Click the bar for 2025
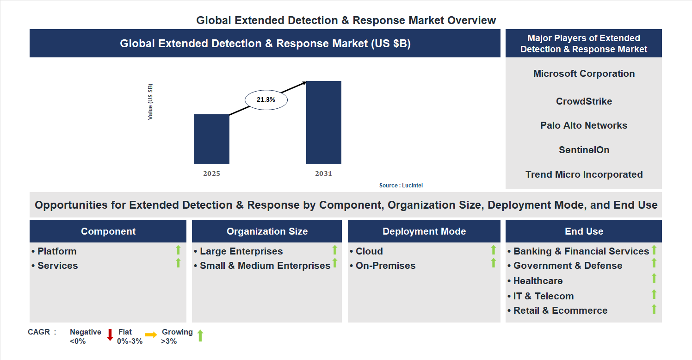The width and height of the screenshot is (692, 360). tap(211, 139)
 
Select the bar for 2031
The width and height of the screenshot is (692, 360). tap(324, 123)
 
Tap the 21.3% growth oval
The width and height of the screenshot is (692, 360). tap(266, 99)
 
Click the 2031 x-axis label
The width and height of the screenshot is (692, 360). tap(324, 174)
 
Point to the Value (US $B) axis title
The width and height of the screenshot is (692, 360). tap(150, 102)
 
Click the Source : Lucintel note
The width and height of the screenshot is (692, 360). tap(401, 185)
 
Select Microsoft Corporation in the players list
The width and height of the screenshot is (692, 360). tap(584, 74)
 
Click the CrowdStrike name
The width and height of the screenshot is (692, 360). tap(584, 101)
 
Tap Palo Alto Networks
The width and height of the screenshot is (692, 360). tap(584, 125)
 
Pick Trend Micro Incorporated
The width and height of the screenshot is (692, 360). tap(584, 174)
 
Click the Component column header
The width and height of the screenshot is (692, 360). tap(108, 231)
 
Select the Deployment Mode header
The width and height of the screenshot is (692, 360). tap(424, 231)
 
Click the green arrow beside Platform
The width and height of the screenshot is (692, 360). tap(178, 250)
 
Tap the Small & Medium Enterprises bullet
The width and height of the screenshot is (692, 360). tap(265, 266)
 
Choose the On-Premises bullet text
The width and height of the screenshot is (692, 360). tap(385, 266)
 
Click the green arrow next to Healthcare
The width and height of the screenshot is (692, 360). tap(654, 278)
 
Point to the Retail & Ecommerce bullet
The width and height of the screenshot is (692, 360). tap(560, 310)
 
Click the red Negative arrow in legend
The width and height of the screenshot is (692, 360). tap(110, 335)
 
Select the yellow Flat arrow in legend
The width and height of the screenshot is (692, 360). tap(151, 335)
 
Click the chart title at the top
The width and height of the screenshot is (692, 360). tap(346, 20)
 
